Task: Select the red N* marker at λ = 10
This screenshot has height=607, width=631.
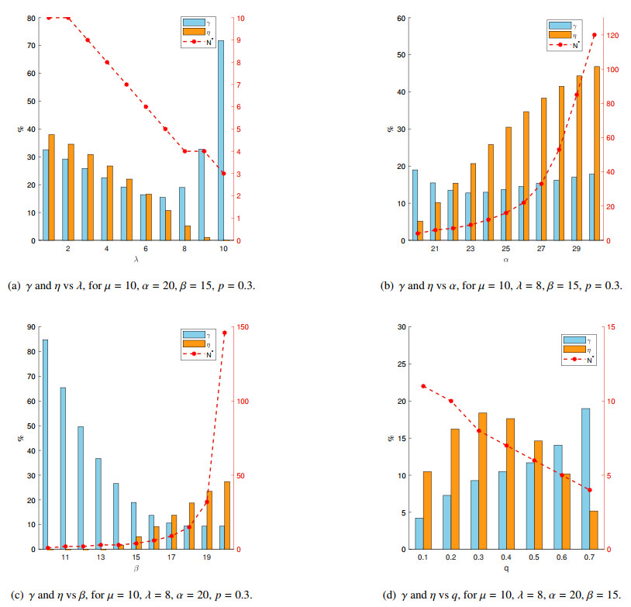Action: (223, 174)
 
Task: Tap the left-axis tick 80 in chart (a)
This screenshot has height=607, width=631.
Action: (29, 17)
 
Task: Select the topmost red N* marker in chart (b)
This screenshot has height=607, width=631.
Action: (595, 35)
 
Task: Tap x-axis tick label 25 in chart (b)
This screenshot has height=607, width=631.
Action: (505, 248)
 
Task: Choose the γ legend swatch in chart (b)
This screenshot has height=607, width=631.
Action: (558, 25)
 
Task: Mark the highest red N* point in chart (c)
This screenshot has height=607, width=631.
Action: (225, 333)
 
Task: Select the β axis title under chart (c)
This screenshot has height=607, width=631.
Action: (136, 568)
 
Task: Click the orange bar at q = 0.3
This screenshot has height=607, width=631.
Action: (482, 481)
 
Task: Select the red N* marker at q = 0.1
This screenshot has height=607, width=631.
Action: (423, 386)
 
